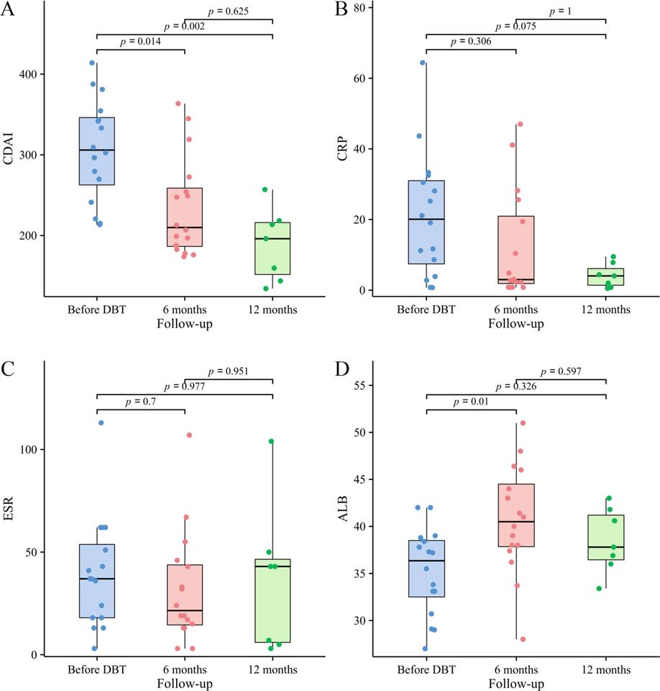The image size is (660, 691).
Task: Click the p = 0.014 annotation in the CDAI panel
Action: [140, 42]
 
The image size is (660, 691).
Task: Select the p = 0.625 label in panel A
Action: [229, 12]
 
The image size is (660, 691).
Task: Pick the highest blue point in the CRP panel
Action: [423, 63]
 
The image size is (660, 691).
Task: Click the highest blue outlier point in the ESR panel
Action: [101, 423]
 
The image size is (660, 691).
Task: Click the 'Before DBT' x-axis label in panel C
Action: [96, 669]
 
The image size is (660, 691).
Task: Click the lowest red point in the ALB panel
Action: [523, 639]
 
